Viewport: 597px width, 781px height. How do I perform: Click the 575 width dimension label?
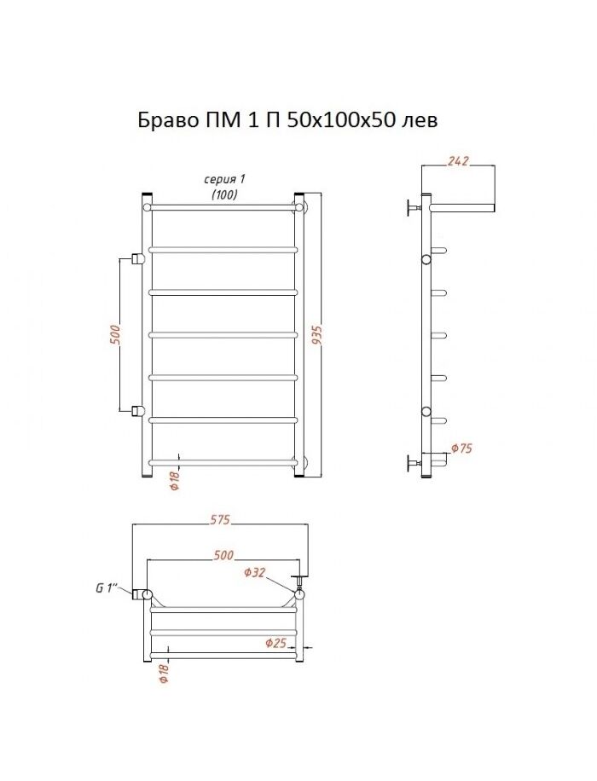[219, 519]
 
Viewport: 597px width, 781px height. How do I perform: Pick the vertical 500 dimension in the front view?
[114, 335]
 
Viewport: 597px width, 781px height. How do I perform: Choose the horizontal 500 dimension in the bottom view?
[223, 555]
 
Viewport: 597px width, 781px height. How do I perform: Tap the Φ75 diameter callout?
[462, 448]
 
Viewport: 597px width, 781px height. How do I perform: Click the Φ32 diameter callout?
[255, 573]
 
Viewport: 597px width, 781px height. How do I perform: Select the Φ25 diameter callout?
[275, 643]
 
